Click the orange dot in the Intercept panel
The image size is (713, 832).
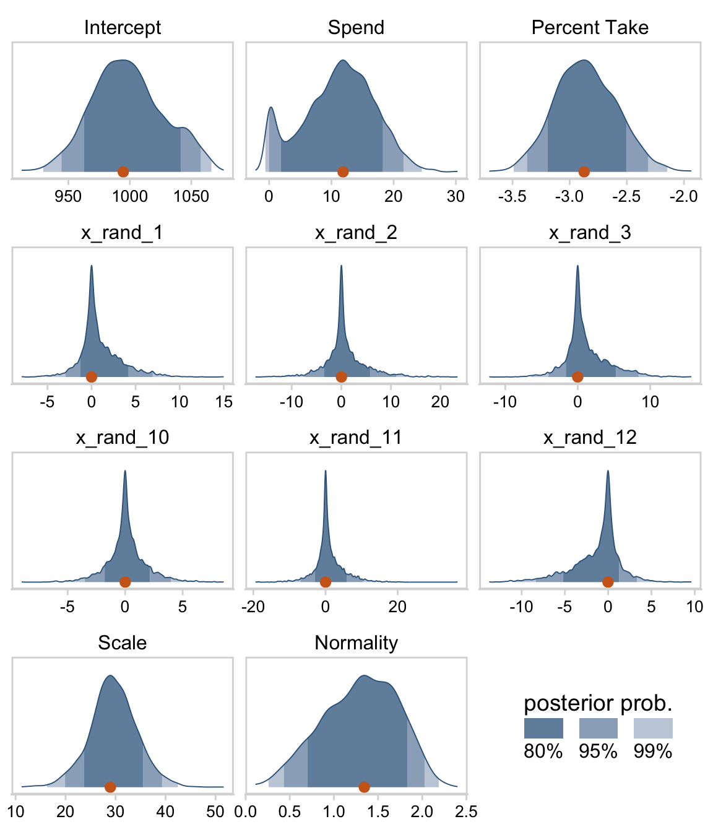click(x=123, y=171)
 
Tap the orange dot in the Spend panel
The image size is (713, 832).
click(x=343, y=171)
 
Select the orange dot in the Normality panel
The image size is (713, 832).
click(x=364, y=787)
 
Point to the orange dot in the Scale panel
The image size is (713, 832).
click(x=110, y=787)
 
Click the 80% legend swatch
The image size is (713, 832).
click(x=543, y=728)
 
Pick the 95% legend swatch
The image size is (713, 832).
click(x=598, y=728)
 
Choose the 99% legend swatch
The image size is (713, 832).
click(x=653, y=728)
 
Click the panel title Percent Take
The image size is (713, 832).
click(x=590, y=27)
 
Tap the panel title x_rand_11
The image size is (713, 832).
click(x=356, y=438)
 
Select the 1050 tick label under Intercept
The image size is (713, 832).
click(x=191, y=197)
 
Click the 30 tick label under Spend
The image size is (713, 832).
click(x=456, y=197)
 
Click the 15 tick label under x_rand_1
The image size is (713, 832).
click(x=224, y=402)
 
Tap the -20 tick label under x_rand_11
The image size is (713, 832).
click(x=253, y=607)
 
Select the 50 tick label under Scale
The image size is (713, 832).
click(x=215, y=812)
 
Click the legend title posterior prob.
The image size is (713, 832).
click(x=598, y=703)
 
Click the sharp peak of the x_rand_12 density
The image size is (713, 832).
click(x=608, y=472)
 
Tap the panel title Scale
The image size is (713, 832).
click(x=123, y=643)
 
